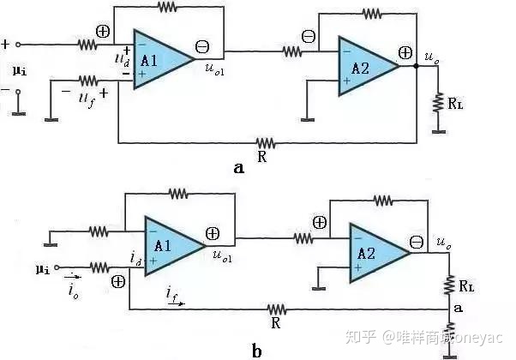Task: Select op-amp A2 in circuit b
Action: click(x=378, y=250)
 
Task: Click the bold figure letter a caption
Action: click(x=239, y=168)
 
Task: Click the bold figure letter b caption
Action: click(x=257, y=350)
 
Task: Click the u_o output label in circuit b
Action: click(x=444, y=245)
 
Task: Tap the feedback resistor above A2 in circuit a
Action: click(x=371, y=15)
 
